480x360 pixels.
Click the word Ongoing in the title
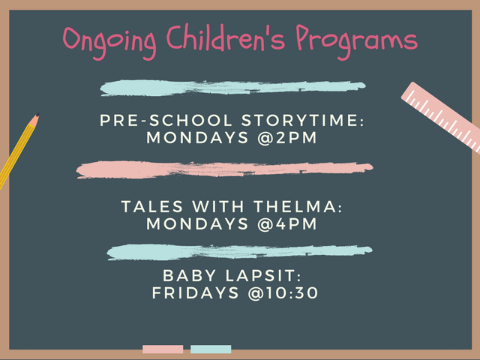pyautogui.click(x=109, y=42)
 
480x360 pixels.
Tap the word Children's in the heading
pyautogui.click(x=226, y=37)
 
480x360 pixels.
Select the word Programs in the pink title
pyautogui.click(x=357, y=42)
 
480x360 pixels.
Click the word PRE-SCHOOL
pyautogui.click(x=166, y=120)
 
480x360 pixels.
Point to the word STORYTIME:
pyautogui.click(x=303, y=120)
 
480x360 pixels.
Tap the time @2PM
pyautogui.click(x=287, y=138)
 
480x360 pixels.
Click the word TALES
pyautogui.click(x=152, y=207)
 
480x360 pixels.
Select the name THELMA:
pyautogui.click(x=298, y=207)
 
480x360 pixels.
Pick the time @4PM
pyautogui.click(x=287, y=224)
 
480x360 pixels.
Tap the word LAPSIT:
pyautogui.click(x=263, y=275)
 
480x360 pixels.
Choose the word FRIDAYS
pyautogui.click(x=195, y=293)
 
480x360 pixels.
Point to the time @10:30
pyautogui.click(x=283, y=293)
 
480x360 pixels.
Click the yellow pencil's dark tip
pyautogui.click(x=37, y=115)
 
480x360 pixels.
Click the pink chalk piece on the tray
pyautogui.click(x=163, y=349)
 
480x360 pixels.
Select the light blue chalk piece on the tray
pyautogui.click(x=211, y=349)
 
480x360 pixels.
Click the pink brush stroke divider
pyautogui.click(x=224, y=169)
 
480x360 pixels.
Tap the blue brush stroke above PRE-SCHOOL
pyautogui.click(x=232, y=88)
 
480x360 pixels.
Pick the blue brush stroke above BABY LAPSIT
pyautogui.click(x=239, y=252)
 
